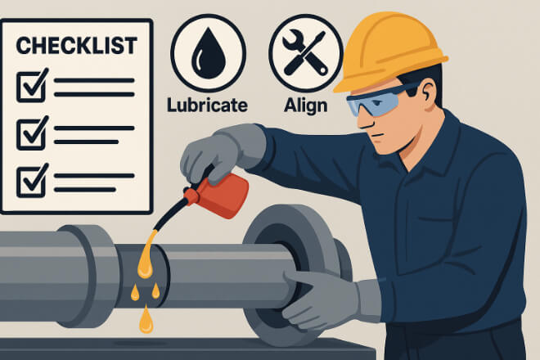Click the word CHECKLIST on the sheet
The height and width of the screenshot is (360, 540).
coord(76,46)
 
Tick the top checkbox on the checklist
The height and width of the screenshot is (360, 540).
coord(32,86)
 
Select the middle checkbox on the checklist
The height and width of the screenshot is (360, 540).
coord(32,133)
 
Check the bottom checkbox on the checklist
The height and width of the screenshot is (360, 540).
coord(32,181)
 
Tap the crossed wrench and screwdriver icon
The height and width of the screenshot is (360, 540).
coord(305,52)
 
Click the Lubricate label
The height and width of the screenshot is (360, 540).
coord(207,105)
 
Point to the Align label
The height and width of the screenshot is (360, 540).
coord(305,106)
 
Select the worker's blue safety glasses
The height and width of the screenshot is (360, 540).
coord(379,99)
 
